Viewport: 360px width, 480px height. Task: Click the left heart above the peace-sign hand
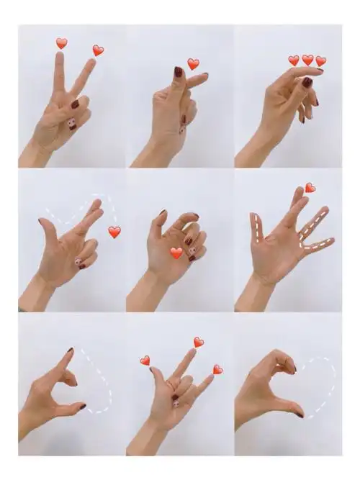pos(62,43)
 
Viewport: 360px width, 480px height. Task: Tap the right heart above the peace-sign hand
pos(98,50)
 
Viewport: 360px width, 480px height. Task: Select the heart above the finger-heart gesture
pos(193,64)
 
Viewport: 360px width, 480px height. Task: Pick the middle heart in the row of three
pos(307,60)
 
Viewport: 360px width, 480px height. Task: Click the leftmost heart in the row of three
pos(294,60)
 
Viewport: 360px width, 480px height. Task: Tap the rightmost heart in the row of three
pos(320,61)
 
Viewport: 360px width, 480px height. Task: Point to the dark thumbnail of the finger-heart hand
pos(178,72)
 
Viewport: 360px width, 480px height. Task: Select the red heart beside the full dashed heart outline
pos(114,232)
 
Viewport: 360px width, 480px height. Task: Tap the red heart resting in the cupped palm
pos(176,253)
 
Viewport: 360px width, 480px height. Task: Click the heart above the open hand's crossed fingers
pos(310,188)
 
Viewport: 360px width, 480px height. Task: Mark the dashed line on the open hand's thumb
pos(256,228)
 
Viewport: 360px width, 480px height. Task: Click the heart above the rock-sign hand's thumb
pos(145,360)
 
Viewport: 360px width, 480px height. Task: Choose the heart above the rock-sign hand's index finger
pos(199,342)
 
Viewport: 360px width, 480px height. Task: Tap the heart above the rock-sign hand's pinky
pos(217,369)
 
